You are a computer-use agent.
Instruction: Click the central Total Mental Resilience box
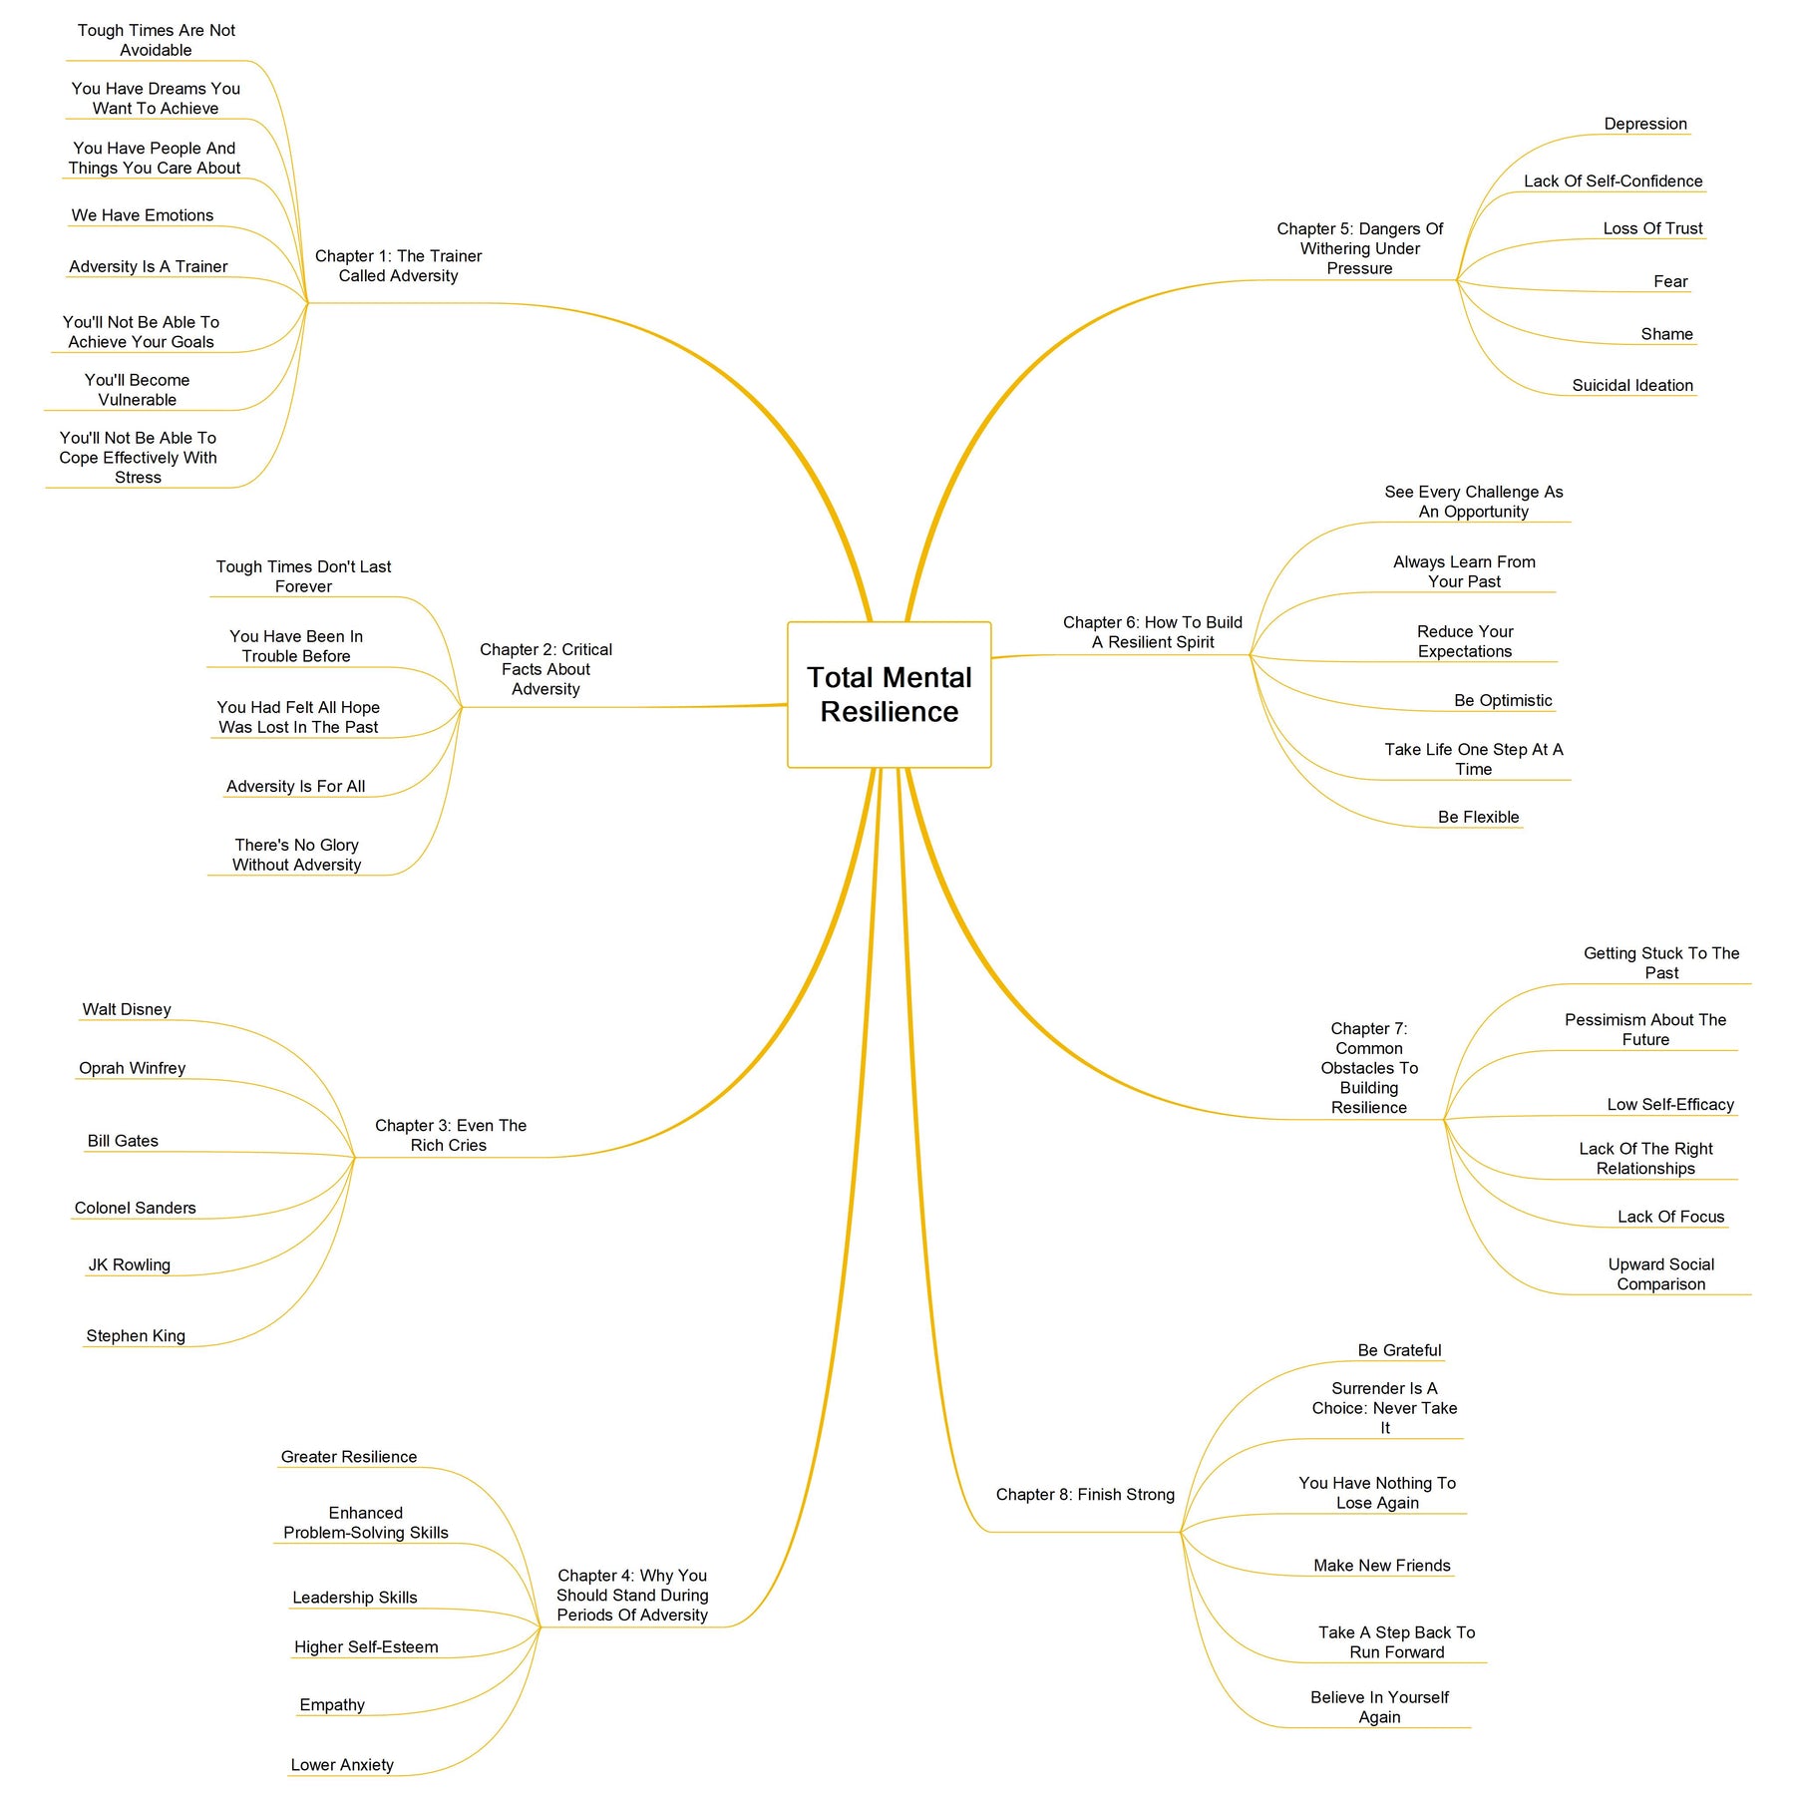pos(889,695)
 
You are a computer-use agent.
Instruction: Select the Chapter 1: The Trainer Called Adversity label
pos(398,266)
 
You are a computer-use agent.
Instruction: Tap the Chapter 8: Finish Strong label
pos(1085,1494)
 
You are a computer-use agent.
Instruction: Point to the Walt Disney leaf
pos(127,1009)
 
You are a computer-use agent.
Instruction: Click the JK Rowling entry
pos(130,1264)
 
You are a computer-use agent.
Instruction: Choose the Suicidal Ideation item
pos(1632,385)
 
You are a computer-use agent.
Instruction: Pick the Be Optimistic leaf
pos(1503,700)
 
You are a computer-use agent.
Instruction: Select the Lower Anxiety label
pos(342,1764)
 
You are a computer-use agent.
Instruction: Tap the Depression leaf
pos(1645,124)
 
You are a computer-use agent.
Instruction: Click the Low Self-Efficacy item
pos(1670,1104)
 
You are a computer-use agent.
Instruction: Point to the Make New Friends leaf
pos(1382,1565)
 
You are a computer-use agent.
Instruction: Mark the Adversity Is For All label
pos(295,786)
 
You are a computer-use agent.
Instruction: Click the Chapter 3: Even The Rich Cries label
pos(450,1135)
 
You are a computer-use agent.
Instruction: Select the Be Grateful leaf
pos(1399,1350)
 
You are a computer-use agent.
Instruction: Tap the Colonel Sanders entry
pos(136,1208)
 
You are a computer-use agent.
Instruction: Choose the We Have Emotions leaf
pos(143,215)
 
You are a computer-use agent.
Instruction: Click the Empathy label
pos(332,1704)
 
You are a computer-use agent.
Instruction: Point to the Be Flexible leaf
pos(1479,817)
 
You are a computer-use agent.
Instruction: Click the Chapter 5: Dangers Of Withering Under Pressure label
pos(1359,248)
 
